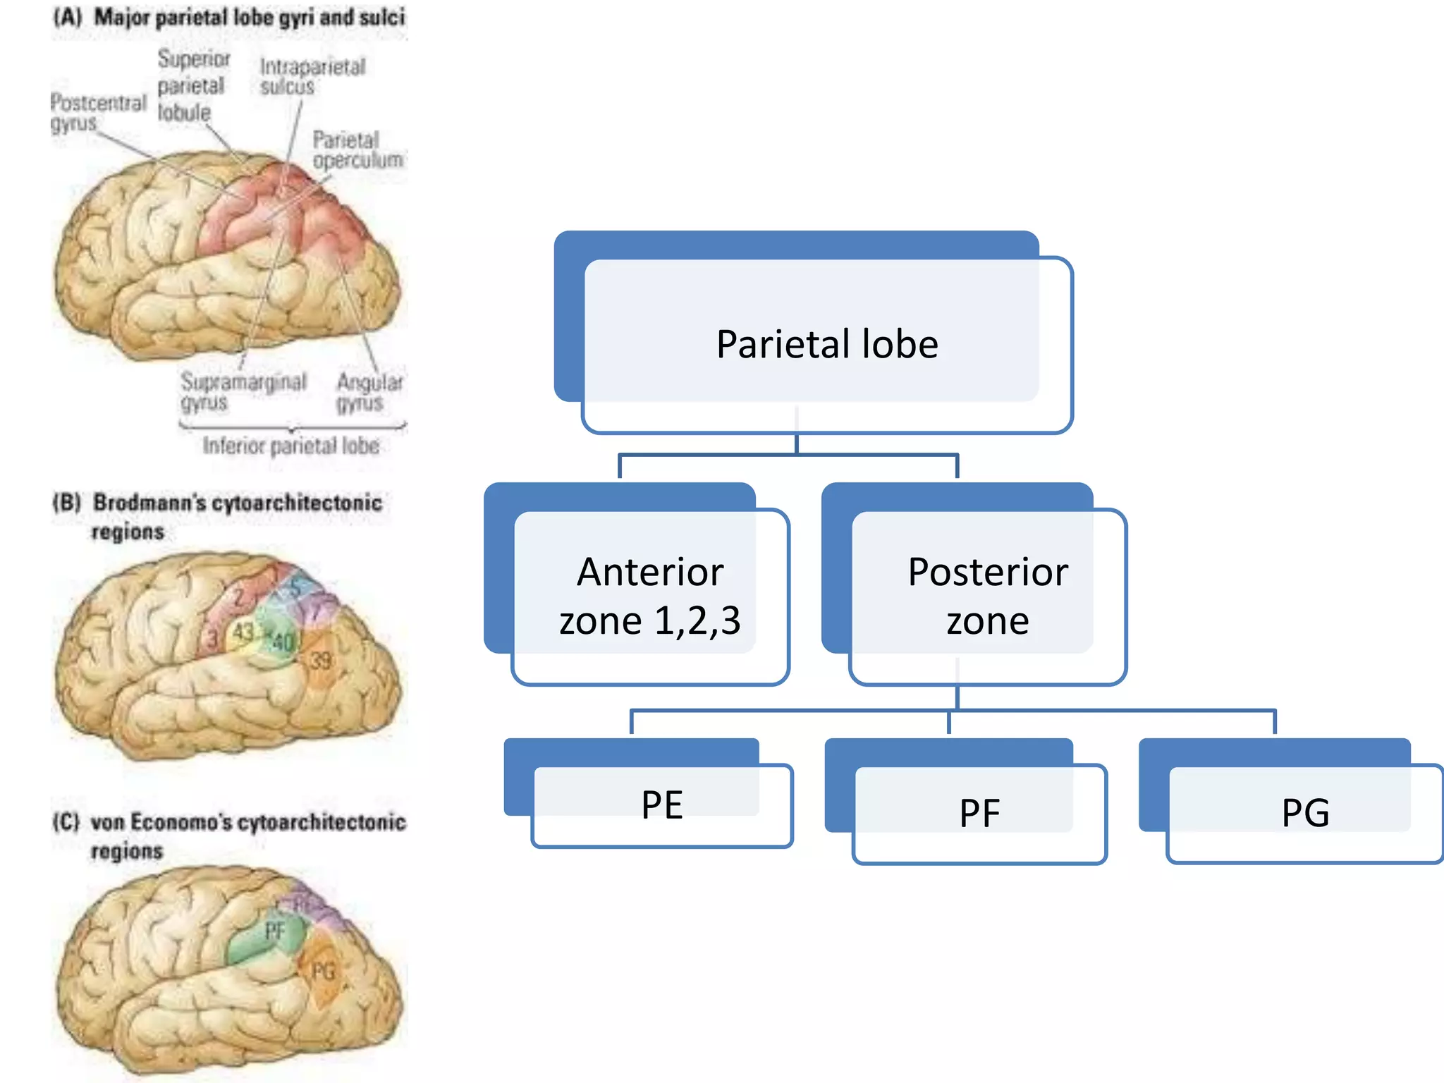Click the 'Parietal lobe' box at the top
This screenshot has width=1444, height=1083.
coord(826,344)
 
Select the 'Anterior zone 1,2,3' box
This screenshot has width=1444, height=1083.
coord(649,596)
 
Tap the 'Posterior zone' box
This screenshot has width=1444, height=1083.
coord(987,596)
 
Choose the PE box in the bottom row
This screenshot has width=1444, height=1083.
coord(661,804)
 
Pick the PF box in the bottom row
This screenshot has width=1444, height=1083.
coord(979,812)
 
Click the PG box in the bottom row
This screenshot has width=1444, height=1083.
coord(1305,812)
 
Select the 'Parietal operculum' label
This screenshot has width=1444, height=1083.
coord(356,149)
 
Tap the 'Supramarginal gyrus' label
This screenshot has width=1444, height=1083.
coord(243,391)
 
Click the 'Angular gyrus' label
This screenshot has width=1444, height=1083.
coord(369,391)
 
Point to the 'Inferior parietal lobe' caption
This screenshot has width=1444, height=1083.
coord(290,446)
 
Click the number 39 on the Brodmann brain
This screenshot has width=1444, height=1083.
coord(320,661)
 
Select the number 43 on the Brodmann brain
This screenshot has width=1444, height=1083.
coord(243,632)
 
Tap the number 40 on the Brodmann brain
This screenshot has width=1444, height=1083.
coord(283,642)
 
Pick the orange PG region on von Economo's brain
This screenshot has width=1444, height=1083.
coord(323,971)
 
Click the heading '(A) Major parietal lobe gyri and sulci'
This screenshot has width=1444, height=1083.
coord(229,17)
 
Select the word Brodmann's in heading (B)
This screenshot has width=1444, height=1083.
coord(149,503)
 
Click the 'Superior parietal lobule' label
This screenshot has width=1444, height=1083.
coord(191,85)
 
